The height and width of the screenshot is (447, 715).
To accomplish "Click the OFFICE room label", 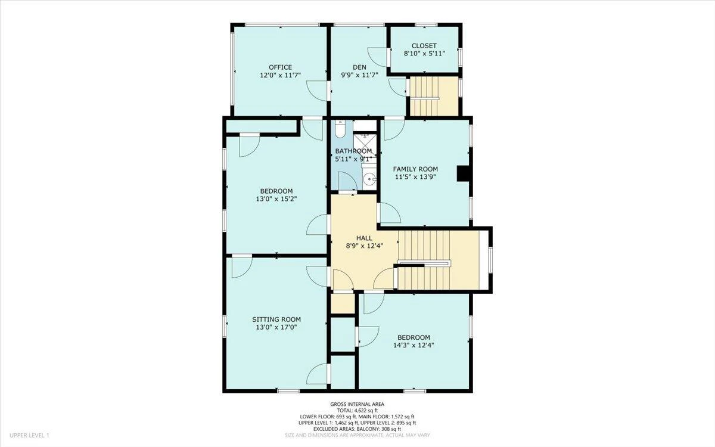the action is (x=280, y=67).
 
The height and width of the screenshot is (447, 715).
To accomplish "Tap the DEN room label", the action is (x=359, y=67).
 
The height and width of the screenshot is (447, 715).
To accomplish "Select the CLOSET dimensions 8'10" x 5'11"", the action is (x=424, y=54).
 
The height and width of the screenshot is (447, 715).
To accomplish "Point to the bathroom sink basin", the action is (x=370, y=179).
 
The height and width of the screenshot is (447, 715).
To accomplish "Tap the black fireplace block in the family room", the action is (x=462, y=173).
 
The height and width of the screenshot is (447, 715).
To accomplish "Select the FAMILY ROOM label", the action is (x=415, y=169).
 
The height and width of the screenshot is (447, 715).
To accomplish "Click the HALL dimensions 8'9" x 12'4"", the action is (x=364, y=246).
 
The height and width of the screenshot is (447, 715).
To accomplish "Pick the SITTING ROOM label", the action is (x=276, y=319).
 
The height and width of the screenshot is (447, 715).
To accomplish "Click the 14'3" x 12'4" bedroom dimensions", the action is (x=414, y=345).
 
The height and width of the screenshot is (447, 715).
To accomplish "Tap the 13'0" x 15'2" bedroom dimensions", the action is (x=276, y=199).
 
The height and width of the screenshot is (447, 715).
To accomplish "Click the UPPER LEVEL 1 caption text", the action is (x=29, y=435).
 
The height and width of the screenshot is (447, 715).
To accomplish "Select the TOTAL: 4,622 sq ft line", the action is (x=357, y=411).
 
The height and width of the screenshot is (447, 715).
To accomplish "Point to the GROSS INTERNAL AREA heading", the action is (x=357, y=404).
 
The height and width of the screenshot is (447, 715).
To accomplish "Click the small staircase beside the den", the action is (x=434, y=97).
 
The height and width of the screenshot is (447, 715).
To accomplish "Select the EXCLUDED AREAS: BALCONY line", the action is (x=357, y=429).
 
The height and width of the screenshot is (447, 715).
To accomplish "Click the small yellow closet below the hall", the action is (x=343, y=303).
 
